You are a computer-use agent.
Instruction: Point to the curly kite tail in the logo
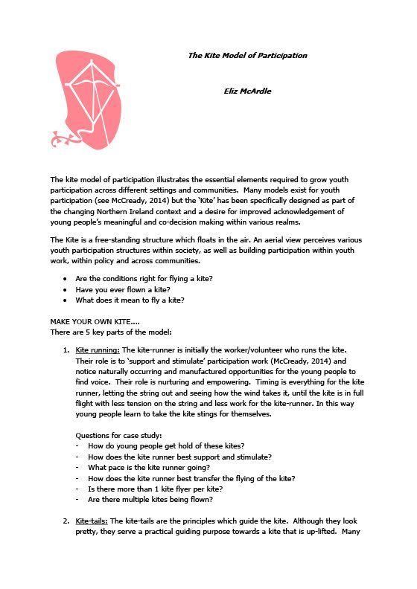click(64, 138)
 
